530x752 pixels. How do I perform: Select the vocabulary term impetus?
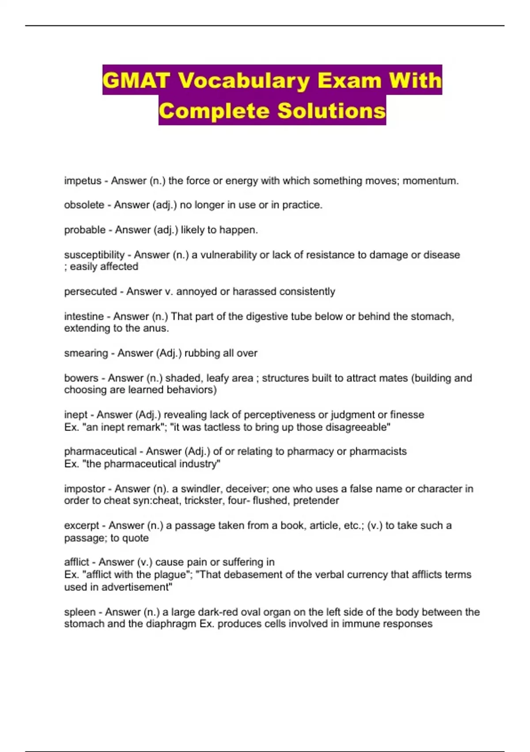pos(83,181)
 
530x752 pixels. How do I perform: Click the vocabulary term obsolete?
pos(84,205)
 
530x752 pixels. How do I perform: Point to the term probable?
pos(85,230)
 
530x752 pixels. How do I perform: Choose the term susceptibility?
pos(94,255)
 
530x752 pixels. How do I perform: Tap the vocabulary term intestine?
pos(84,316)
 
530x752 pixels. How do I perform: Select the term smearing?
pos(86,353)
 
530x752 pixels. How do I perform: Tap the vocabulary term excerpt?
pos(82,526)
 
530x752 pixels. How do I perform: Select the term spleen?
pos(79,612)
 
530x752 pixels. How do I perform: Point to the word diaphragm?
pos(170,624)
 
